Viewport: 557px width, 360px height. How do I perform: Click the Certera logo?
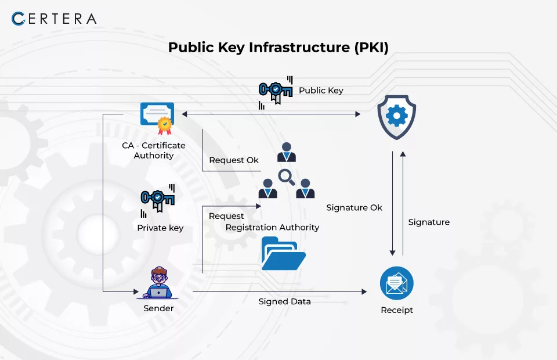(54, 19)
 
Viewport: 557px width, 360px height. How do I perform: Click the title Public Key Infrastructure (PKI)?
(278, 47)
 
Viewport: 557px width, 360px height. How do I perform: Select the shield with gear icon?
(396, 117)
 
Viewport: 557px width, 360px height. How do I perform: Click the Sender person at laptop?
(158, 283)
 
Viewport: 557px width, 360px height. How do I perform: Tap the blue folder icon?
(284, 253)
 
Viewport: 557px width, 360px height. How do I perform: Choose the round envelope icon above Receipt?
(396, 283)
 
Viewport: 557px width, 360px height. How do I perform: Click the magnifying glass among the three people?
(286, 177)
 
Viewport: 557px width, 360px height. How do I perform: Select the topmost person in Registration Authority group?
(286, 152)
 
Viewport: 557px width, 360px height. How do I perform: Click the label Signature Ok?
(354, 207)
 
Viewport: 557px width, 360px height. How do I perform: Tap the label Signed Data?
(284, 301)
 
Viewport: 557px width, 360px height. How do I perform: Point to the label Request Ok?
(234, 160)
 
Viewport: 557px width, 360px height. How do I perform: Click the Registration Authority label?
(273, 228)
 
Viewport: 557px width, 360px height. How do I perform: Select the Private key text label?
(160, 228)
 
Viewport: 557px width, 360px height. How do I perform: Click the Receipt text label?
(397, 310)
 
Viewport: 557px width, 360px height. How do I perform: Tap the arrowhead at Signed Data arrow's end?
(364, 291)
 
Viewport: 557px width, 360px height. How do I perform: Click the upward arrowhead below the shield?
(403, 154)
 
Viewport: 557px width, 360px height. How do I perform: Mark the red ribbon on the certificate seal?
(164, 131)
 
